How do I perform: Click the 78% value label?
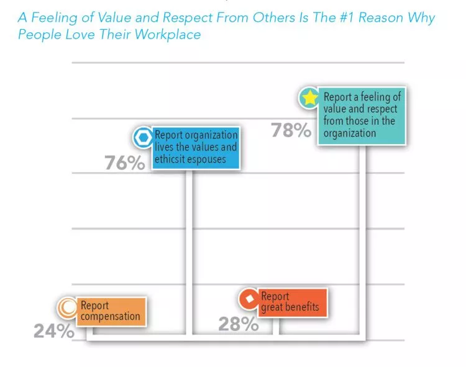coord(291,130)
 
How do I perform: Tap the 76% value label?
coord(124,163)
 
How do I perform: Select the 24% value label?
coord(53,330)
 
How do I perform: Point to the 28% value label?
coord(238,324)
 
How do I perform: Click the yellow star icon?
coord(309,98)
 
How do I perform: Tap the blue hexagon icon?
coord(143,137)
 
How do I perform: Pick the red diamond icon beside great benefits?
coord(249,299)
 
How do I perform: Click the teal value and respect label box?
coord(361,116)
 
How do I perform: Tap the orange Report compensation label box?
coord(111,311)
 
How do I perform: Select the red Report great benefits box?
coord(290,302)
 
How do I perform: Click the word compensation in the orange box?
coord(111,317)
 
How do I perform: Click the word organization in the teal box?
coord(350,132)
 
